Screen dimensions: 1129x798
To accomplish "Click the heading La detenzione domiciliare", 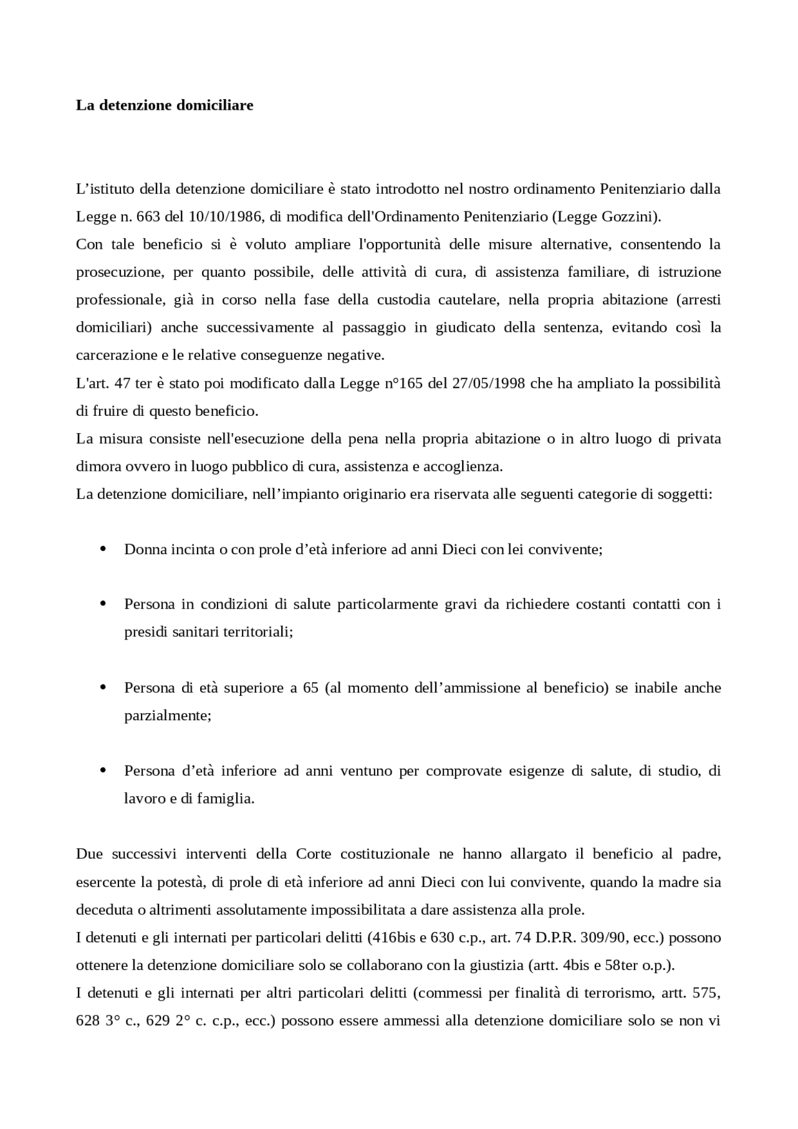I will pos(165,105).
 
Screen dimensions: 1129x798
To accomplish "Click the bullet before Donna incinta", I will pos(103,549).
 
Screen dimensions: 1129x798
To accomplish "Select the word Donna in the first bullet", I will pos(143,549).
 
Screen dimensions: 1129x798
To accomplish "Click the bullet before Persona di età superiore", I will pos(103,687).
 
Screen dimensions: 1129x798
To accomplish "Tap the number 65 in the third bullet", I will pos(310,688).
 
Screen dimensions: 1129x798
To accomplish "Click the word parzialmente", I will pos(168,715).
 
